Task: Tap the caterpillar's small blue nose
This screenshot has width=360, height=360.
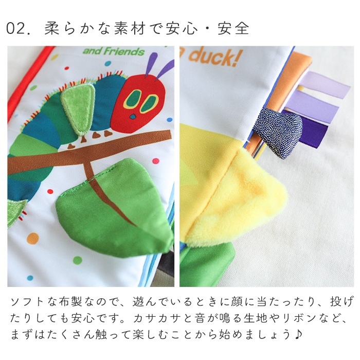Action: pyautogui.click(x=133, y=117)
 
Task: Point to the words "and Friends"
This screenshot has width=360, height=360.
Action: pyautogui.click(x=114, y=51)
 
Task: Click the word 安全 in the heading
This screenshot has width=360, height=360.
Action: pyautogui.click(x=233, y=29)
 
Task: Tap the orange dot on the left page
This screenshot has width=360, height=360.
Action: pyautogui.click(x=32, y=239)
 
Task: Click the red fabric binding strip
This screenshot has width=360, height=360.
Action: pyautogui.click(x=25, y=83)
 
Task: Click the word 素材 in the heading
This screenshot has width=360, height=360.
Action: pyautogui.click(x=130, y=29)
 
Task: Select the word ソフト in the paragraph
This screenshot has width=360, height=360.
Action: pyautogui.click(x=28, y=301)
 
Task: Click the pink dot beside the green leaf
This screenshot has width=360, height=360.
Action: pyautogui.click(x=156, y=160)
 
